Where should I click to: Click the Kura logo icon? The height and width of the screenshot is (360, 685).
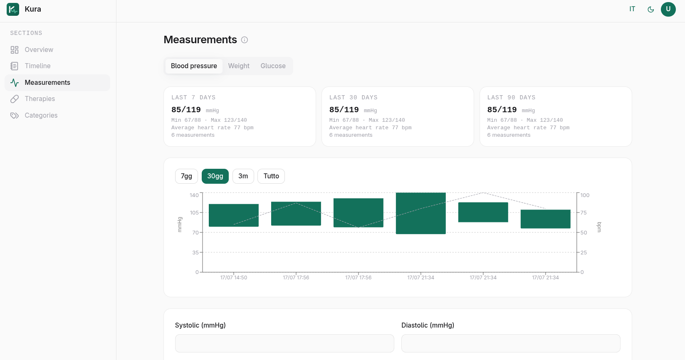pyautogui.click(x=13, y=9)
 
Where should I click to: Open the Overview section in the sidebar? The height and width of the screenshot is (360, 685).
pyautogui.click(x=39, y=49)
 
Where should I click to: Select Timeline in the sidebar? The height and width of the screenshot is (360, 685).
pyautogui.click(x=37, y=66)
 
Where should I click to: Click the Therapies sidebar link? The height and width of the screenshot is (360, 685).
pyautogui.click(x=40, y=99)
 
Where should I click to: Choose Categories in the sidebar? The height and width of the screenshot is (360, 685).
pyautogui.click(x=41, y=115)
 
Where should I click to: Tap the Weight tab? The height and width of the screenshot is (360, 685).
pyautogui.click(x=239, y=66)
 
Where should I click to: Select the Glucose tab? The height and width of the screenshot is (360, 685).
pyautogui.click(x=273, y=66)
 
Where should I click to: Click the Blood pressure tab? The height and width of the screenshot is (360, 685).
pyautogui.click(x=194, y=66)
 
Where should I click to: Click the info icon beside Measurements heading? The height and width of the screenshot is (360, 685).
pyautogui.click(x=244, y=40)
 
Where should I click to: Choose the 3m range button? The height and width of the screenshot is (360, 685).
pyautogui.click(x=243, y=176)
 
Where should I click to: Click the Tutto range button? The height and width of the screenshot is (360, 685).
pyautogui.click(x=271, y=176)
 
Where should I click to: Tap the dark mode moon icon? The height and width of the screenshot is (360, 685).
pyautogui.click(x=651, y=10)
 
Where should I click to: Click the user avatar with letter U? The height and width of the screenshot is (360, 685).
pyautogui.click(x=668, y=9)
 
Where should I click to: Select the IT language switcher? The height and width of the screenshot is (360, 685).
pyautogui.click(x=632, y=9)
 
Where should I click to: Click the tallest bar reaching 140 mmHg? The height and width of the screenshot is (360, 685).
pyautogui.click(x=421, y=213)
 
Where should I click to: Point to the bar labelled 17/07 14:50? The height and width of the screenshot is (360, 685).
pyautogui.click(x=234, y=215)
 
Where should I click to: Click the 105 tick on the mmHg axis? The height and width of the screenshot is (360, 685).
pyautogui.click(x=194, y=212)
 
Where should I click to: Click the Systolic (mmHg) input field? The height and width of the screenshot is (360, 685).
pyautogui.click(x=284, y=343)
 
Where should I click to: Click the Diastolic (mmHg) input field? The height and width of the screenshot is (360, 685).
pyautogui.click(x=511, y=343)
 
